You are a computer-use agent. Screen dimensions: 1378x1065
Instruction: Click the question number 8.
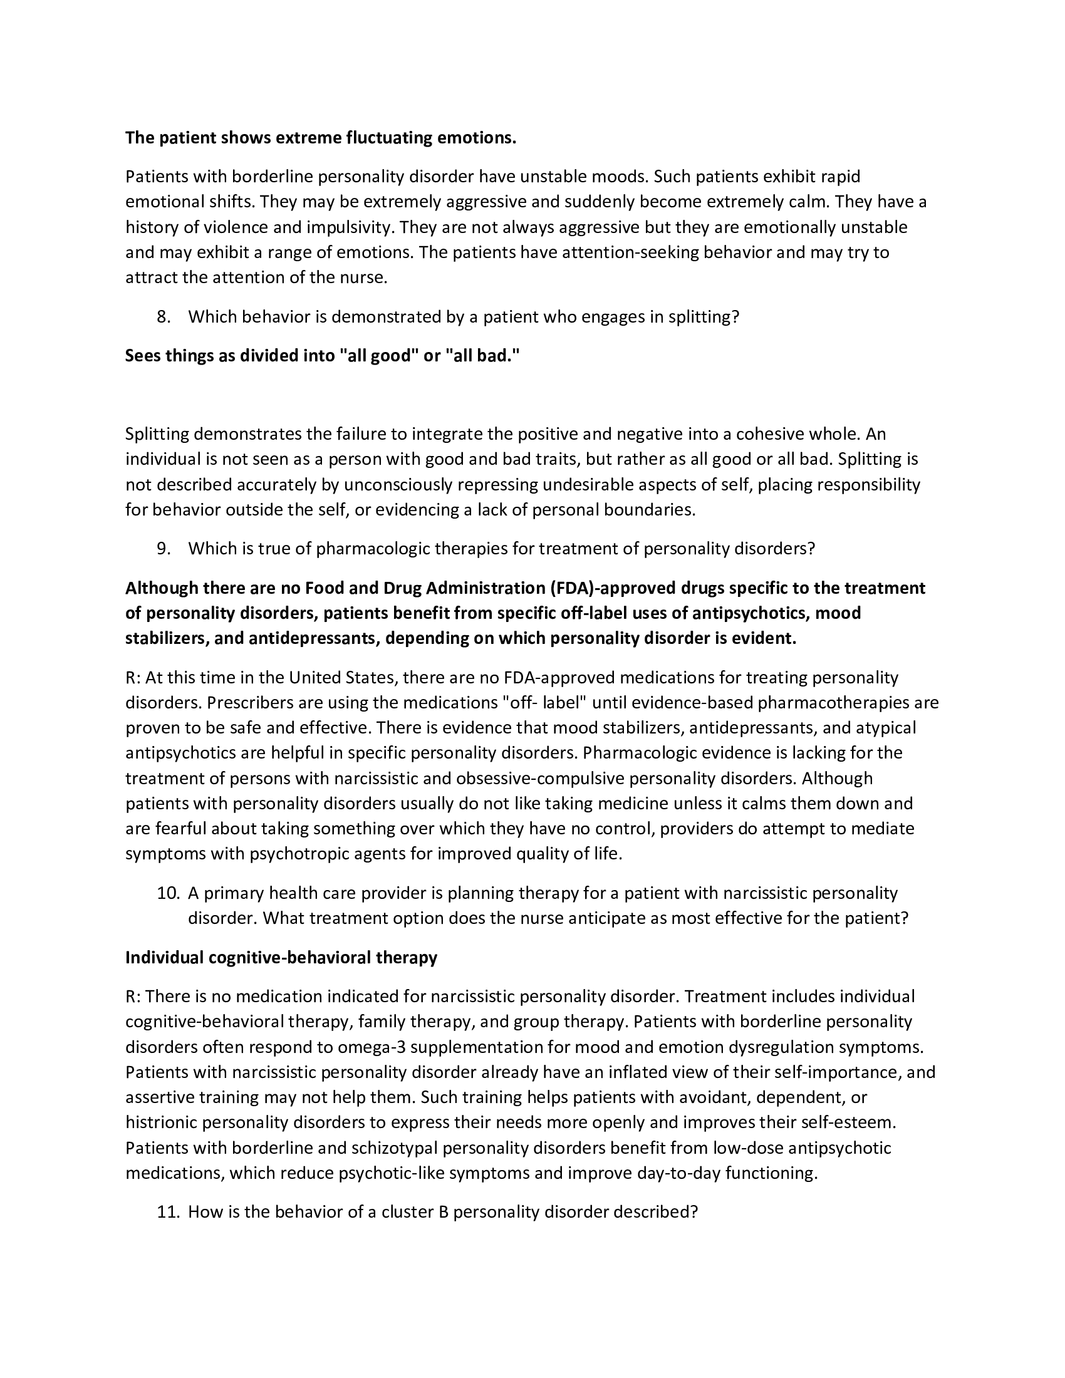pos(164,317)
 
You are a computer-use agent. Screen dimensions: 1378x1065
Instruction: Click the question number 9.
pos(164,548)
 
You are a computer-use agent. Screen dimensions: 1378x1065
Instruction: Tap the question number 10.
pos(167,893)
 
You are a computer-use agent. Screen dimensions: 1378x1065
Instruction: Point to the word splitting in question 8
pos(702,317)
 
